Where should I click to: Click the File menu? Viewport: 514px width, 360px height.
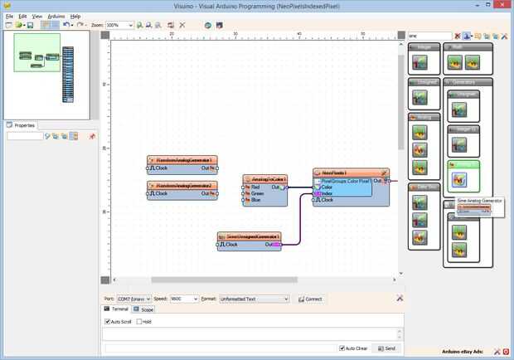10,16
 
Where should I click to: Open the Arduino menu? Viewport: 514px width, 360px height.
56,16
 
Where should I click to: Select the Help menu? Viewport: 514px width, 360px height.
75,16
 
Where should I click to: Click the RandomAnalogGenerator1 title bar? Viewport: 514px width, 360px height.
182,160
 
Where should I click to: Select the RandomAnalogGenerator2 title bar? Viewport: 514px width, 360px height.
182,186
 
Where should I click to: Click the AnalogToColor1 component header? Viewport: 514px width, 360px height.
265,179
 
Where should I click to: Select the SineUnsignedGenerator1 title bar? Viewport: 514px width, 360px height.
249,236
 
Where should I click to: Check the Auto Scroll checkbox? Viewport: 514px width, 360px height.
108,321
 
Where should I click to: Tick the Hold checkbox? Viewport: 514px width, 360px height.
139,321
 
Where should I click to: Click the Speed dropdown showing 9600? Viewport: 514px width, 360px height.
183,299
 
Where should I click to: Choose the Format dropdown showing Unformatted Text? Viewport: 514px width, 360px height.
253,299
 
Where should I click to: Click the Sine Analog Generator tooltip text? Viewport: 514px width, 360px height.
479,201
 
